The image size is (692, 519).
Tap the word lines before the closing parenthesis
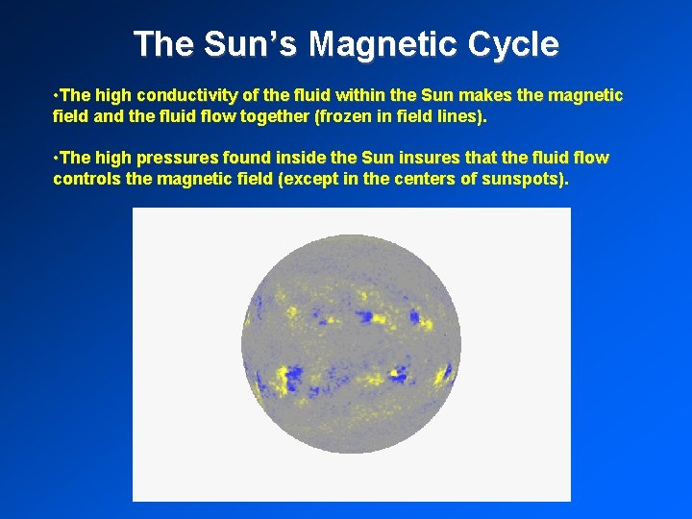459,116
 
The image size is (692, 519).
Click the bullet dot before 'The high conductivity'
56,96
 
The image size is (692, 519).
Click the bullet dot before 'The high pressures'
56,158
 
